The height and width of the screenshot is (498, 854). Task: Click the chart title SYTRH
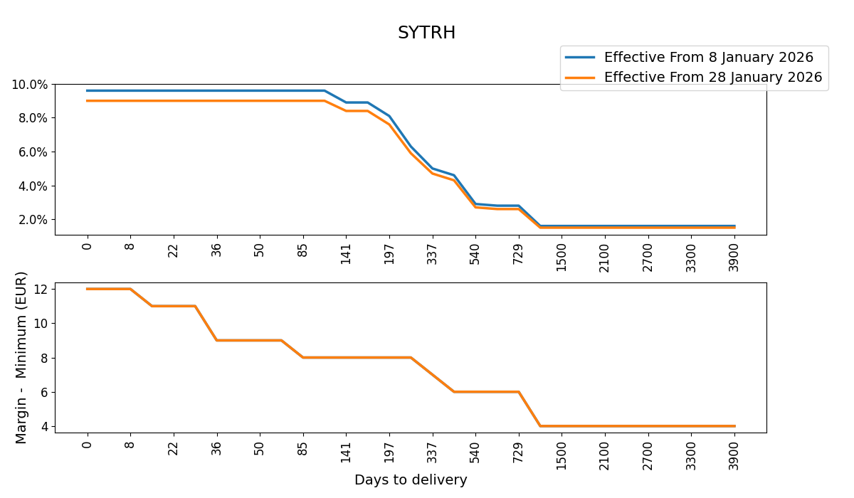[426, 33]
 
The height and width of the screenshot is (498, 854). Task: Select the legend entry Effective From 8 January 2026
[708, 58]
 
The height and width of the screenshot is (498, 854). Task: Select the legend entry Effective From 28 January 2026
[712, 77]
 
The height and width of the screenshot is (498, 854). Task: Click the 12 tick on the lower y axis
[41, 289]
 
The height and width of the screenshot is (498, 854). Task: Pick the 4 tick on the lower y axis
[44, 426]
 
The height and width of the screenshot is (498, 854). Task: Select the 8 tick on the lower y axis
[44, 358]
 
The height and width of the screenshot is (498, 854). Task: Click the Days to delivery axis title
[411, 480]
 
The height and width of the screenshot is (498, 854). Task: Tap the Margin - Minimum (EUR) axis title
[21, 357]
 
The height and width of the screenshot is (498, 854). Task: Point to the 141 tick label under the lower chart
[347, 451]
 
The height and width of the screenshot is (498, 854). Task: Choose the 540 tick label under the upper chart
[475, 254]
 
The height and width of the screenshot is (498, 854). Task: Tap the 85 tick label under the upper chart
[303, 251]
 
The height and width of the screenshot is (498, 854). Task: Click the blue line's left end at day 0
[88, 90]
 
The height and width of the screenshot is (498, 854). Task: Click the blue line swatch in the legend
[580, 58]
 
